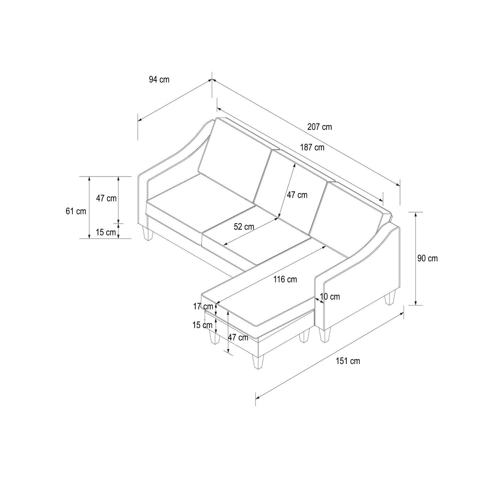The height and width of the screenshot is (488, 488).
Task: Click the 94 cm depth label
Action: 159,79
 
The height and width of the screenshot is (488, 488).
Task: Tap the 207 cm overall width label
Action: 320,127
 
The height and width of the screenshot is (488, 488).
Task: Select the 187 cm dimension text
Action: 312,147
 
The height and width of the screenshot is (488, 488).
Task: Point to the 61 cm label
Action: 76,211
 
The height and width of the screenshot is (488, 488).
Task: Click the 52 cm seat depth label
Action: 244,227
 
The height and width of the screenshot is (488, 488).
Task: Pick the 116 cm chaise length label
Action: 285,279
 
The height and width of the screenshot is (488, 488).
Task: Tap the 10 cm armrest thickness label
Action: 330,297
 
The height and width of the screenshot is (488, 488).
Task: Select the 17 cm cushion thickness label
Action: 203,307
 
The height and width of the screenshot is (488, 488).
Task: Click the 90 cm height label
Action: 428,258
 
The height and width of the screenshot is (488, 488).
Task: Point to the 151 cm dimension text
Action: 348,361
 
